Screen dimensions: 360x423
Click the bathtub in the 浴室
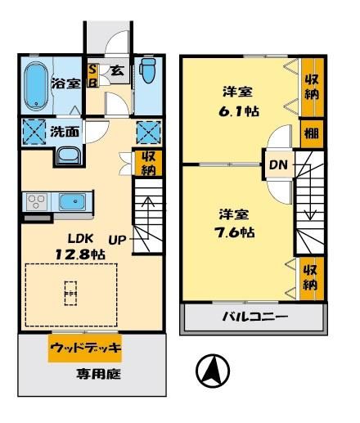pos(36,87)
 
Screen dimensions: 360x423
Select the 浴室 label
pos(66,83)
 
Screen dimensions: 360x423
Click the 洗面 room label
pos(65,132)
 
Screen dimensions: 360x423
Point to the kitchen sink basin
pos(73,202)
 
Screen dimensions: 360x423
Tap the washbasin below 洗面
pos(69,156)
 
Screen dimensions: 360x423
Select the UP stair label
pos(117,240)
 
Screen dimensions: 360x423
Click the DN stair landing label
pos(278,164)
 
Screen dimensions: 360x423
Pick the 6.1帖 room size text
pos(239,111)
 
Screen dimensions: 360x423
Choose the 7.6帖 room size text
pos(235,232)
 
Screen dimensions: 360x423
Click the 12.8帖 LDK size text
pos(80,254)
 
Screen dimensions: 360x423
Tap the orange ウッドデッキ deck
pos(85,348)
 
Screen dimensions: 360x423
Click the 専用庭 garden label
pos(98,374)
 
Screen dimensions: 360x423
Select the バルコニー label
pos(255,317)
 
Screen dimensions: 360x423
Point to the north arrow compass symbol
pos(213,371)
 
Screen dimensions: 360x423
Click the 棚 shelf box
pos(312,133)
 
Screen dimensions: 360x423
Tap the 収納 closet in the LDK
pos(149,163)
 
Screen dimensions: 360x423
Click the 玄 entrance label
pos(118,70)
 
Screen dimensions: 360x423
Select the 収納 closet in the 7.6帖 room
pos(311,278)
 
